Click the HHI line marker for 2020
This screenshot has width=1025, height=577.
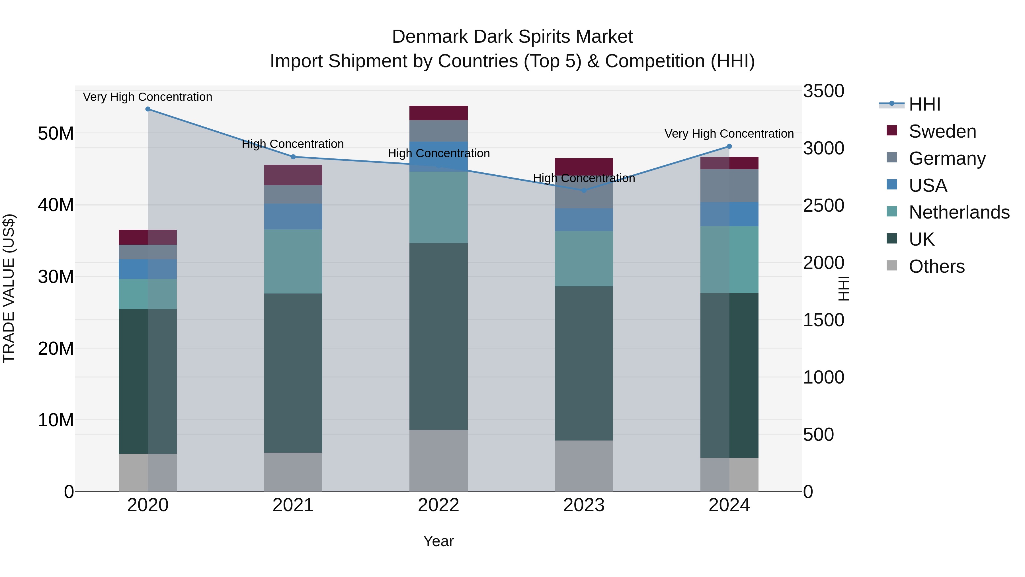(147, 109)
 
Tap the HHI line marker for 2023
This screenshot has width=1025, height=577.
(584, 190)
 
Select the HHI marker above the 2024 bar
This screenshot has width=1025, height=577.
(729, 146)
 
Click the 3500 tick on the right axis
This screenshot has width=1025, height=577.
(823, 91)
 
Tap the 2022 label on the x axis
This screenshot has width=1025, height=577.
(438, 505)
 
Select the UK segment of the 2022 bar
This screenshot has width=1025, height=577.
(438, 337)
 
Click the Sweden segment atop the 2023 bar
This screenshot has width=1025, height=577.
(584, 166)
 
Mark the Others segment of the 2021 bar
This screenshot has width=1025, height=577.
(293, 472)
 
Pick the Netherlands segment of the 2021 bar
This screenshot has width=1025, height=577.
(293, 261)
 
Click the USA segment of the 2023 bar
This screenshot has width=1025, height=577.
(584, 219)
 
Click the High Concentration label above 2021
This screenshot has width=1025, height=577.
(293, 144)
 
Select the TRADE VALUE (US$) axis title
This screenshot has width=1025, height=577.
(9, 288)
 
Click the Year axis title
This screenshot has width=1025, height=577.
(438, 541)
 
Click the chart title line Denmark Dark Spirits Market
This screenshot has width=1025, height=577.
(512, 37)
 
